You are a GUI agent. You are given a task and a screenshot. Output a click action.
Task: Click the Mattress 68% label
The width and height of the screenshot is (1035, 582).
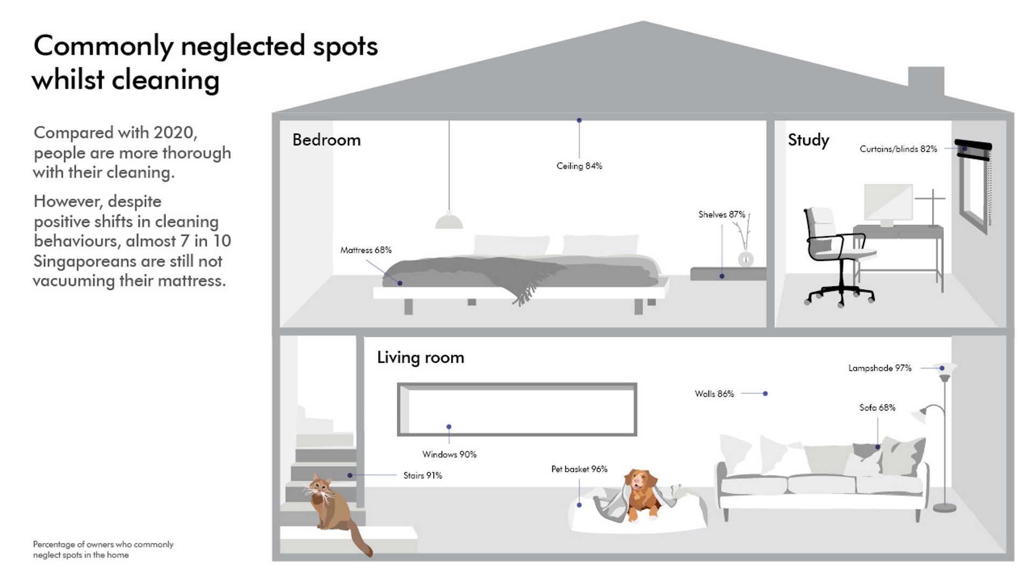pos(365,250)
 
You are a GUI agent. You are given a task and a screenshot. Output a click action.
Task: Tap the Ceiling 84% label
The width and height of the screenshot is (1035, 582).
pos(579,166)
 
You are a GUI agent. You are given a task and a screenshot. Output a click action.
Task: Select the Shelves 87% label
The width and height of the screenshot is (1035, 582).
pos(721,214)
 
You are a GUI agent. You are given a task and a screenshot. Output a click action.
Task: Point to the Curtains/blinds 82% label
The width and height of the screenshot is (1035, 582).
pos(898,149)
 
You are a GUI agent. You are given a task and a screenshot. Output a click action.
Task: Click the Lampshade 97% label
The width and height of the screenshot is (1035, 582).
pos(880,368)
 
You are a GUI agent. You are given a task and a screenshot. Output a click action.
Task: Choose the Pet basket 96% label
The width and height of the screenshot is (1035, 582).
pos(579,469)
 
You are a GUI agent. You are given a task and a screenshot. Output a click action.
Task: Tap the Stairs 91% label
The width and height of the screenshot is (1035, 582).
pos(423,475)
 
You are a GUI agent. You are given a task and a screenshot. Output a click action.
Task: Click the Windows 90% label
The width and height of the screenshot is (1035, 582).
pos(449,454)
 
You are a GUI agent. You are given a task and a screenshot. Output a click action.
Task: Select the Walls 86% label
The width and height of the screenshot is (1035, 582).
pos(714,394)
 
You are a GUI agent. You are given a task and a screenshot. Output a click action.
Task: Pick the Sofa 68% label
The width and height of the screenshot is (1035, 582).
pos(877,408)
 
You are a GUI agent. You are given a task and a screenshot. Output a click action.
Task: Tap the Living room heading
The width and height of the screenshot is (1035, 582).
pos(420,357)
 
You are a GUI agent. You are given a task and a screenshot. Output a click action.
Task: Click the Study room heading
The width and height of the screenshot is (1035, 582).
pos(808,140)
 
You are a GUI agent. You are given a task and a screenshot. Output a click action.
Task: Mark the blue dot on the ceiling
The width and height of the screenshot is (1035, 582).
pos(579,121)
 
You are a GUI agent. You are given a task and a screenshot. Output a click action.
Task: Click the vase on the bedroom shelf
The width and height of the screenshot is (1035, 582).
pos(746,259)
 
